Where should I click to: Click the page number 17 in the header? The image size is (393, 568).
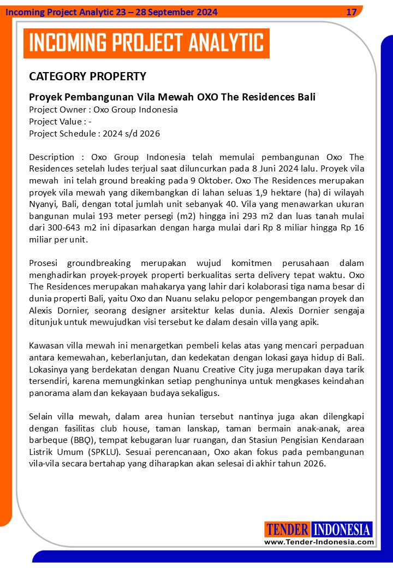point(352,11)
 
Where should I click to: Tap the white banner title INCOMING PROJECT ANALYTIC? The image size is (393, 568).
point(146,43)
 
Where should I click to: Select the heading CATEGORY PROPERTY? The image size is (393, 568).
point(87,76)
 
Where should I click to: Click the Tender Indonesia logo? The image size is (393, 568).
point(319,529)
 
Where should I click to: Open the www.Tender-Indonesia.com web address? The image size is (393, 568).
point(319,542)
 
